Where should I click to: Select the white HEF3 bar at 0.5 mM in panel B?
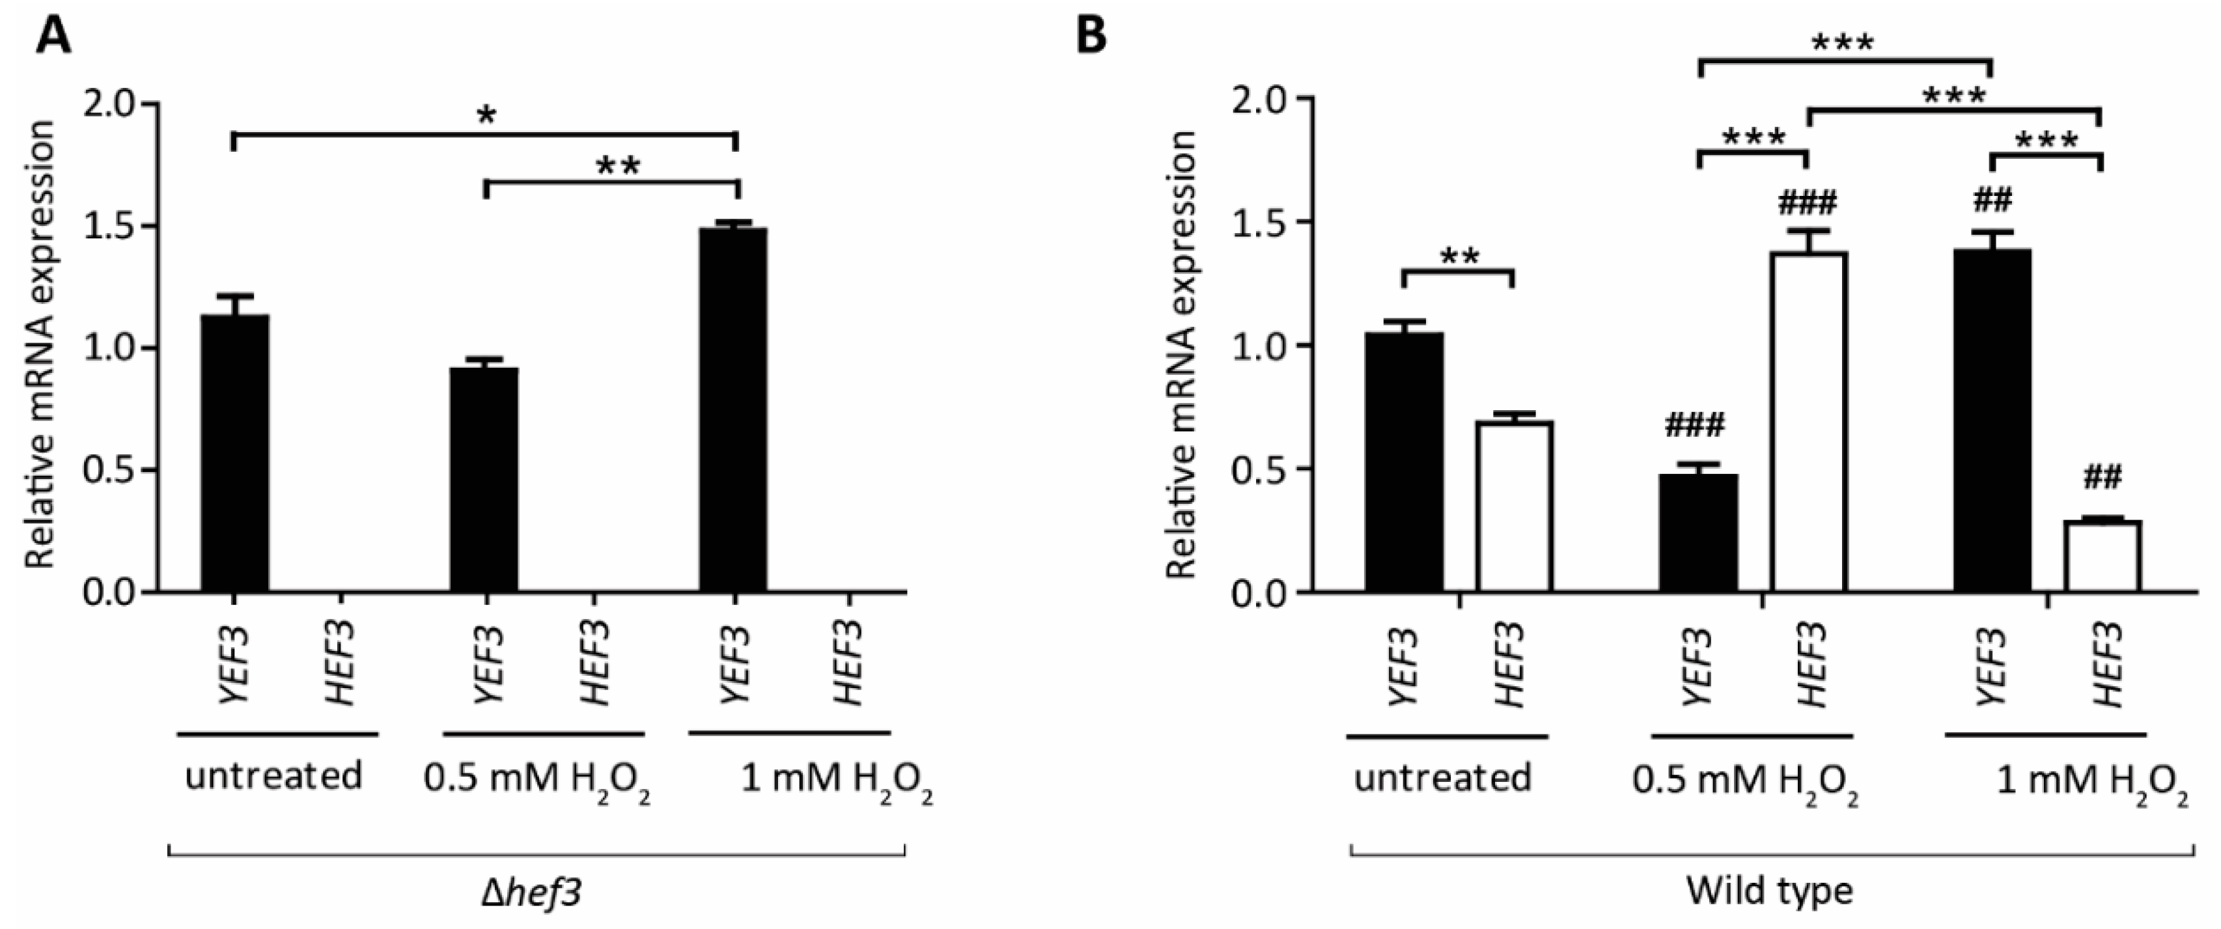[x=1808, y=423]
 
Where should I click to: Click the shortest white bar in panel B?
[x=2102, y=556]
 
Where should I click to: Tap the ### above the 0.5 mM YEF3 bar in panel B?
[x=1695, y=425]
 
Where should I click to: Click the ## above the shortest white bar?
[x=2102, y=477]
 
